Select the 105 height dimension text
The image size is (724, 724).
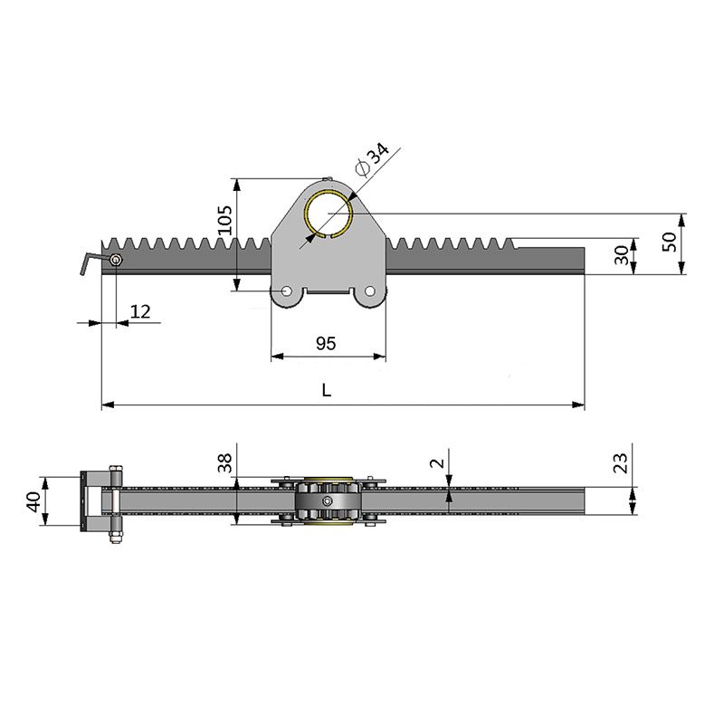click(x=226, y=220)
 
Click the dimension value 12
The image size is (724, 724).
click(x=140, y=311)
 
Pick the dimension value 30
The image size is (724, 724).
click(x=622, y=254)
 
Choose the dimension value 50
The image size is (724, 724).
click(x=669, y=242)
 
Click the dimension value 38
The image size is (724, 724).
click(x=226, y=463)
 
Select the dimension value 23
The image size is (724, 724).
click(x=620, y=463)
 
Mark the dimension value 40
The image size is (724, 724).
click(x=33, y=500)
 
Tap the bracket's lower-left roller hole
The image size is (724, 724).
click(x=287, y=293)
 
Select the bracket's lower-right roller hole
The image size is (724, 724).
click(x=370, y=293)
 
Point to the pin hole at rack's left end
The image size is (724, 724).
click(x=116, y=261)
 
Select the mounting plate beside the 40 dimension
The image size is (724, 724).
click(x=88, y=501)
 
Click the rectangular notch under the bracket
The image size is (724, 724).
click(x=329, y=291)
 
